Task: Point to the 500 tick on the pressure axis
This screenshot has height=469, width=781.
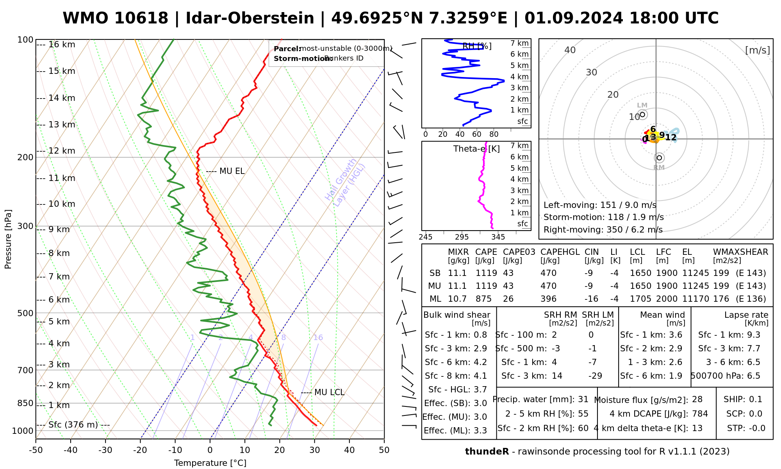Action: coord(26,313)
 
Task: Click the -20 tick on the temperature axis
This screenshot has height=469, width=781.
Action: coord(140,450)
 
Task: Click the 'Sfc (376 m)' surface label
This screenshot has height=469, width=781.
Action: coord(73,425)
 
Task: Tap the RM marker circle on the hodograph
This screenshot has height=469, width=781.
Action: coord(660,158)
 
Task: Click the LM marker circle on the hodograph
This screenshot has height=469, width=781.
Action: coord(642,115)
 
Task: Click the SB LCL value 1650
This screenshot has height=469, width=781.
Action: coord(640,273)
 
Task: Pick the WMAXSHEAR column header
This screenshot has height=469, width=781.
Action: coord(740,252)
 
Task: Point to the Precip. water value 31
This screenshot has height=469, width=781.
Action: coord(583,399)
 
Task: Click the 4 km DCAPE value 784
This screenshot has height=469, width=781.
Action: coord(700,414)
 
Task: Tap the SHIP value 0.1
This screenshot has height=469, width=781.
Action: coord(756,399)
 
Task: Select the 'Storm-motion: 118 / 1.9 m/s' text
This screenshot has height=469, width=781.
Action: coord(603,217)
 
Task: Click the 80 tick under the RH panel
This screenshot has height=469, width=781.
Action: coord(494,134)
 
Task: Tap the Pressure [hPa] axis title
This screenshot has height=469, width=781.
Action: coord(8,239)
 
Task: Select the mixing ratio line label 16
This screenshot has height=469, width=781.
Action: coord(318,338)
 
